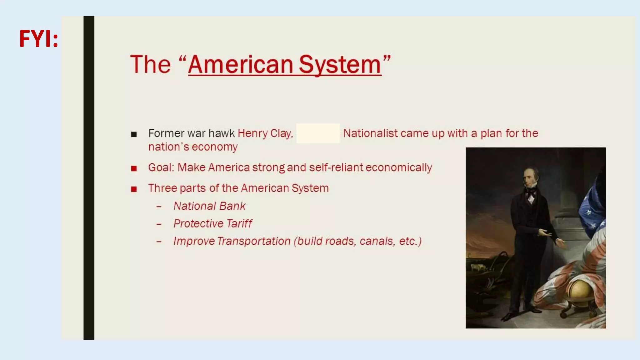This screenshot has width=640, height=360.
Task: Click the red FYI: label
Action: (38, 39)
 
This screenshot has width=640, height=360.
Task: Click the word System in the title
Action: (340, 65)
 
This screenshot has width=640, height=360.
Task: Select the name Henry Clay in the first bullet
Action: (265, 133)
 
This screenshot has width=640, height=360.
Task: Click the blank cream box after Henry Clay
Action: (318, 133)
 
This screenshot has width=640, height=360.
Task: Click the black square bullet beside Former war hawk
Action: (134, 134)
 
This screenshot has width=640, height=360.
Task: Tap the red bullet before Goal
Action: (134, 169)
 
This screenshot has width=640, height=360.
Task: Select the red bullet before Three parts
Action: (134, 189)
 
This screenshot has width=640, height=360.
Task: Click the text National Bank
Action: (209, 206)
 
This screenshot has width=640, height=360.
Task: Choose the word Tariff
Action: (239, 224)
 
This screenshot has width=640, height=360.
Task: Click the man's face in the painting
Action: (530, 178)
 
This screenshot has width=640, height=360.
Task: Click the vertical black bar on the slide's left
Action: (89, 178)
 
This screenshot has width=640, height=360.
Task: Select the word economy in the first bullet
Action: (215, 147)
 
